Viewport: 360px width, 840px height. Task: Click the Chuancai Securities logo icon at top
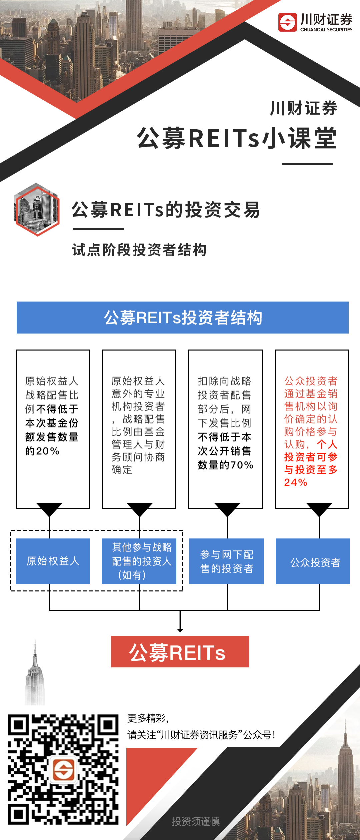tap(287, 22)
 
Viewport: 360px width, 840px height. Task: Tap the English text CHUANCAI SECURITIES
tap(326, 30)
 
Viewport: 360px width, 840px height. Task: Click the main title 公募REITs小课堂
tap(237, 138)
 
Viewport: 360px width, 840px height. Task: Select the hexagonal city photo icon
tap(37, 210)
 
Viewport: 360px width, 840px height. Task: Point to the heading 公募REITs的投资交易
tap(166, 210)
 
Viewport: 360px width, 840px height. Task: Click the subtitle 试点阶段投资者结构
tap(139, 250)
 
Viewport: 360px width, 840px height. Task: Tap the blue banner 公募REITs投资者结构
tap(183, 318)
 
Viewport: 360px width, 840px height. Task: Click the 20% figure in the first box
tap(48, 451)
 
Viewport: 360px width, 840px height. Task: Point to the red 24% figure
tap(295, 482)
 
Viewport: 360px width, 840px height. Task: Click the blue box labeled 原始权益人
tap(53, 561)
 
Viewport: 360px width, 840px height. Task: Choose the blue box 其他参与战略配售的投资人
tap(139, 561)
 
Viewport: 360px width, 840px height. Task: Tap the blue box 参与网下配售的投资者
tap(226, 561)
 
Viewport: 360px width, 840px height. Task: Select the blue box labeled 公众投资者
tap(313, 562)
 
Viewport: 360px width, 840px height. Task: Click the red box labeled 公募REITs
tap(180, 651)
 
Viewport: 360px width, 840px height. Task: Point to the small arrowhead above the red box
tap(180, 630)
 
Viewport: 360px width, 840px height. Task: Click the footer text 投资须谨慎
tap(196, 822)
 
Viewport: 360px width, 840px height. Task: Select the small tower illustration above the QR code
tap(35, 676)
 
